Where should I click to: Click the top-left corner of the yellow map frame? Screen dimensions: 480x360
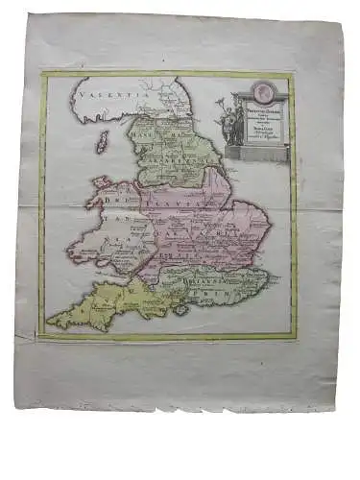point(42,75)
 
